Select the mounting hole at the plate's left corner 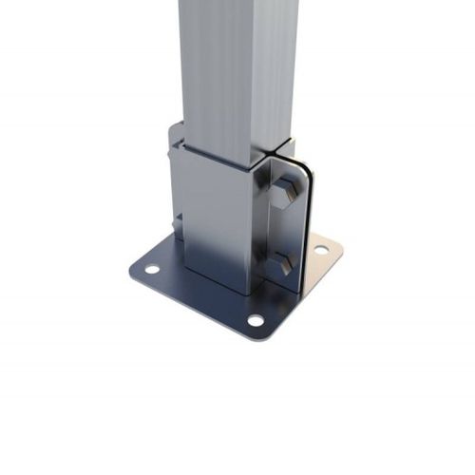point(151,269)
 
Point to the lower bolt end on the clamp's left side point(176,224)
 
